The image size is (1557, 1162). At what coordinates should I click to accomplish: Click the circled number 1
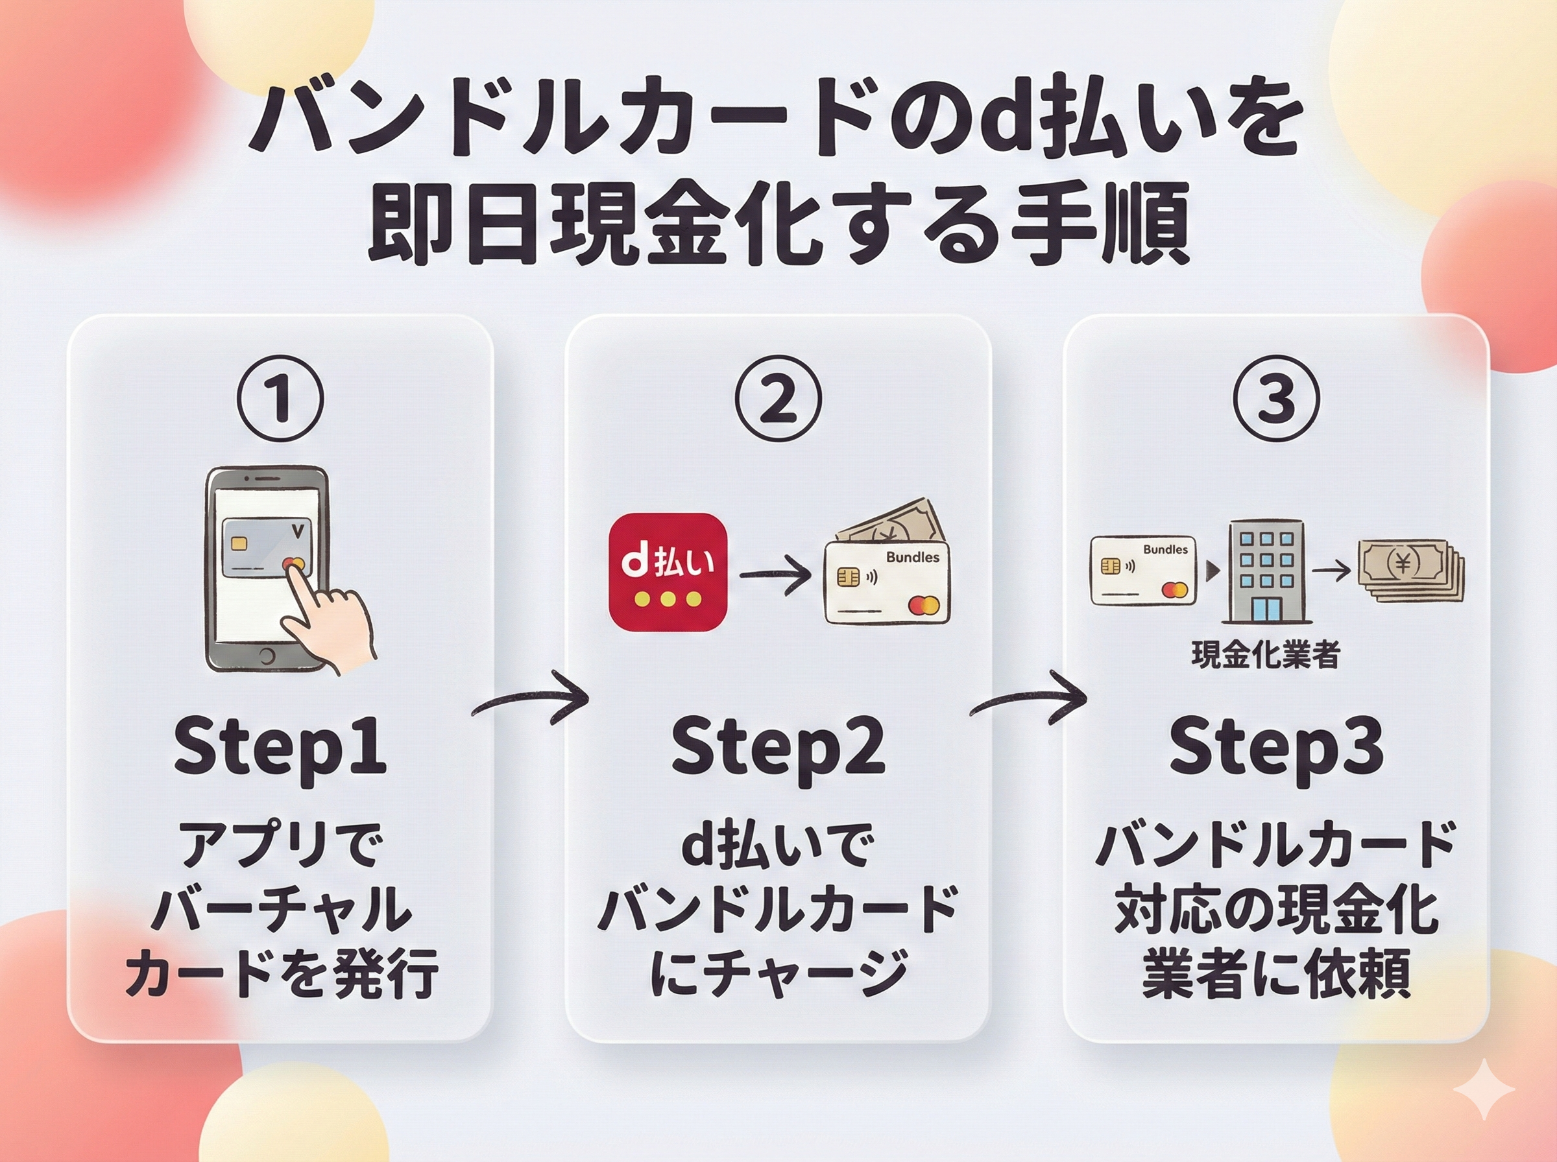coord(281,399)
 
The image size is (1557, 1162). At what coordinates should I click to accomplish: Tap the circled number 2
coord(778,399)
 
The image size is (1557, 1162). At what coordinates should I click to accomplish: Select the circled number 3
coord(1276,399)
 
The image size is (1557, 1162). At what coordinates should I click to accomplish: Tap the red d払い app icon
coord(667,572)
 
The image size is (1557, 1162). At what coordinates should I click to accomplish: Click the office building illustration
coord(1265,571)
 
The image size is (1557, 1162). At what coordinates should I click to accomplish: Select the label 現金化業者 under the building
coord(1265,654)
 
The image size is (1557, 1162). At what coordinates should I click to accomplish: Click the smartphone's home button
coord(267,657)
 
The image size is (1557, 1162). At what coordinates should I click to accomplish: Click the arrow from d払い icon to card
coord(775,575)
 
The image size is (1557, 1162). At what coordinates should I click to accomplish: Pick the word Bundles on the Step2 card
coord(912,557)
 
